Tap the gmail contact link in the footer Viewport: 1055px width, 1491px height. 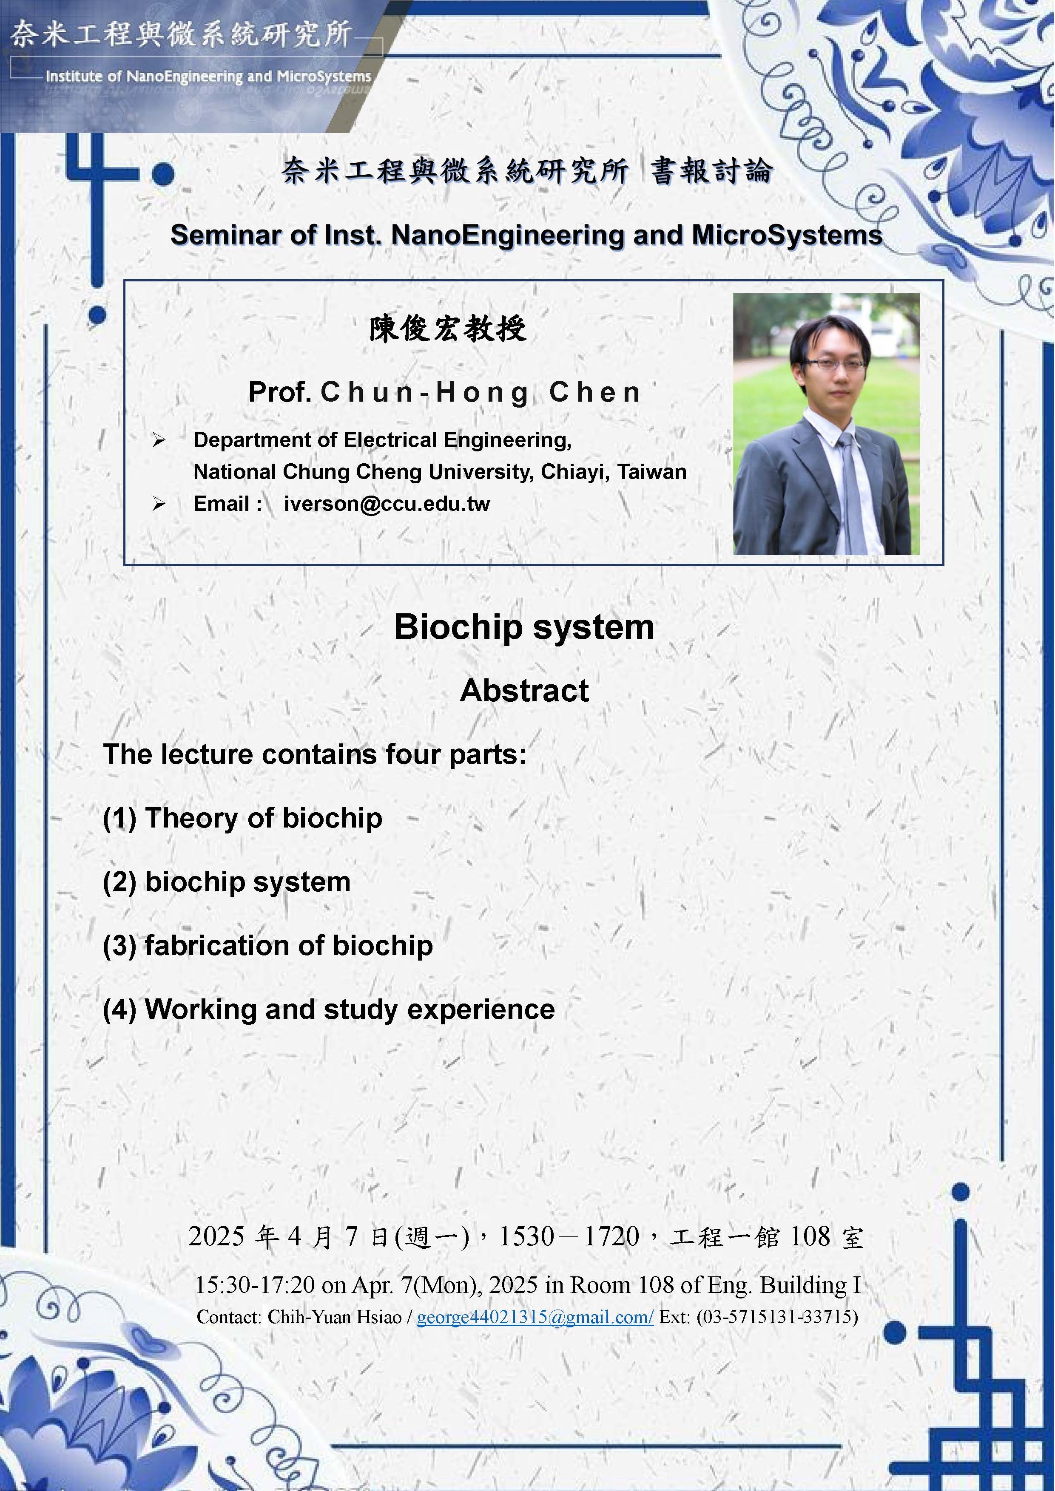click(535, 1317)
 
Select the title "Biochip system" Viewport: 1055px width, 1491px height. click(523, 627)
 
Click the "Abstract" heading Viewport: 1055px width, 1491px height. click(524, 690)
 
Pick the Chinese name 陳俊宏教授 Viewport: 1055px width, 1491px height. click(448, 329)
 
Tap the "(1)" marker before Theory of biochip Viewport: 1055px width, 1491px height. click(119, 818)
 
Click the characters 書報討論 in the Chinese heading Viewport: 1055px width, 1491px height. click(711, 171)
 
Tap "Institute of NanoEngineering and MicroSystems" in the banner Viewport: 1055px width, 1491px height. click(208, 77)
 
